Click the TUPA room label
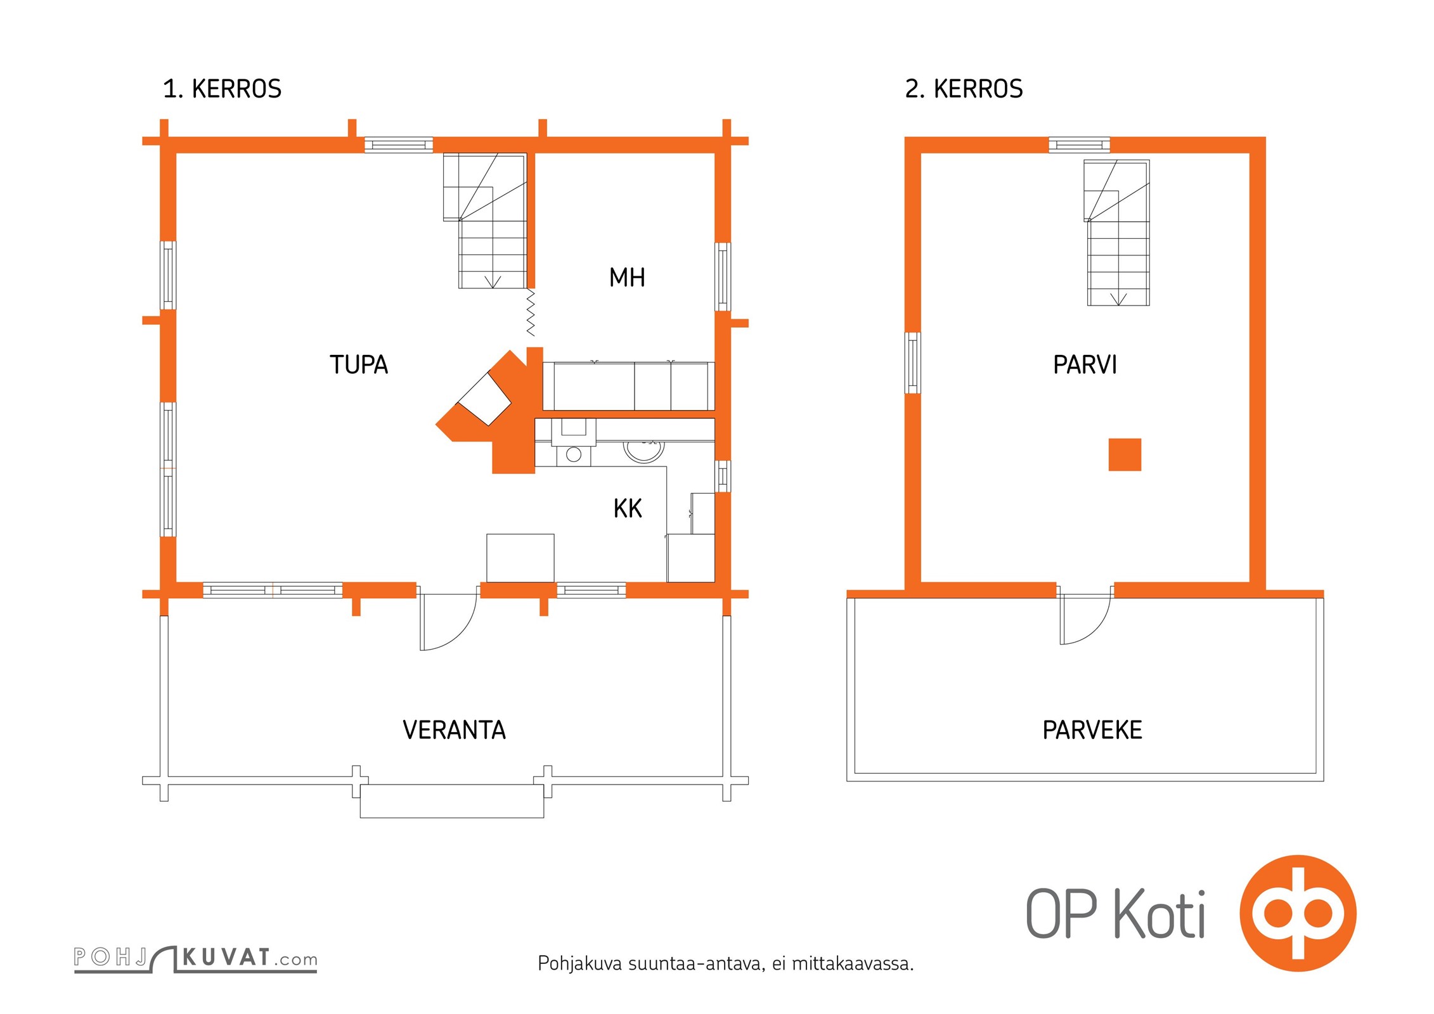[x=359, y=364]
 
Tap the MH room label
[x=627, y=278]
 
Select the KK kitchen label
[x=628, y=508]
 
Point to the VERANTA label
[x=454, y=730]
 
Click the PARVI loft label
[x=1085, y=364]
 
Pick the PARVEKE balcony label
[x=1092, y=730]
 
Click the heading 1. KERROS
[x=222, y=89]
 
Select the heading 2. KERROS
[x=964, y=89]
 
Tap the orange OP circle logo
[x=1298, y=913]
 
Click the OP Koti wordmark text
[x=1115, y=915]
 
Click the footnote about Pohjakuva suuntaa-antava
[x=725, y=964]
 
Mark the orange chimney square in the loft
[x=1125, y=454]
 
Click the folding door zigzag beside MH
[x=531, y=312]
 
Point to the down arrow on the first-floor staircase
[x=493, y=282]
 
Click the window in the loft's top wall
[x=1079, y=145]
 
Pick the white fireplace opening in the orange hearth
[x=484, y=399]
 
